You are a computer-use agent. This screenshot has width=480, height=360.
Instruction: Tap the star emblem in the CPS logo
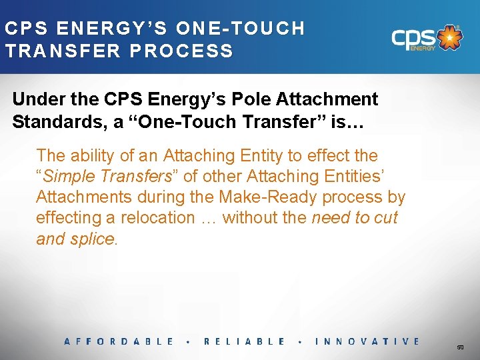coord(451,38)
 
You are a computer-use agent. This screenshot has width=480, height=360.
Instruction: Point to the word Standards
coord(55,122)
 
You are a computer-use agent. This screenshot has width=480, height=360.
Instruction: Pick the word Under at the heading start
coord(33,100)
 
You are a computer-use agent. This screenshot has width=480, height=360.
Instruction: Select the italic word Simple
coord(67,177)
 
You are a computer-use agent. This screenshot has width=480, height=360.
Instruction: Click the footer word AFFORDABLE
coord(119,341)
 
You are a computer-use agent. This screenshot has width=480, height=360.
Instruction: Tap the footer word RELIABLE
coord(245,341)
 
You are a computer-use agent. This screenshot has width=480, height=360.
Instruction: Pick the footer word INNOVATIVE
coord(367,341)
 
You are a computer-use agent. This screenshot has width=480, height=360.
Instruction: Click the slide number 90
coord(460,347)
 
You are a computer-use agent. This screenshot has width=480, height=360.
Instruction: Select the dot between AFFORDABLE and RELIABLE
coord(189,341)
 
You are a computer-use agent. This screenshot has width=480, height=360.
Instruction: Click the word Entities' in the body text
coord(349,177)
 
